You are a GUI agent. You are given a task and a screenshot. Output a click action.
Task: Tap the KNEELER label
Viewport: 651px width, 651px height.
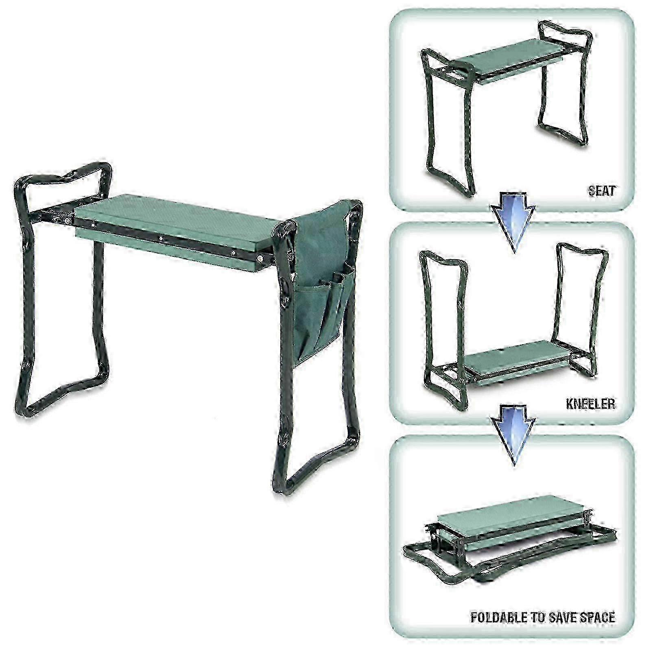pos(590,404)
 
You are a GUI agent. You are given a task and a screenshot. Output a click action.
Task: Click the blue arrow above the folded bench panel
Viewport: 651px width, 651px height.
pos(513,437)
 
